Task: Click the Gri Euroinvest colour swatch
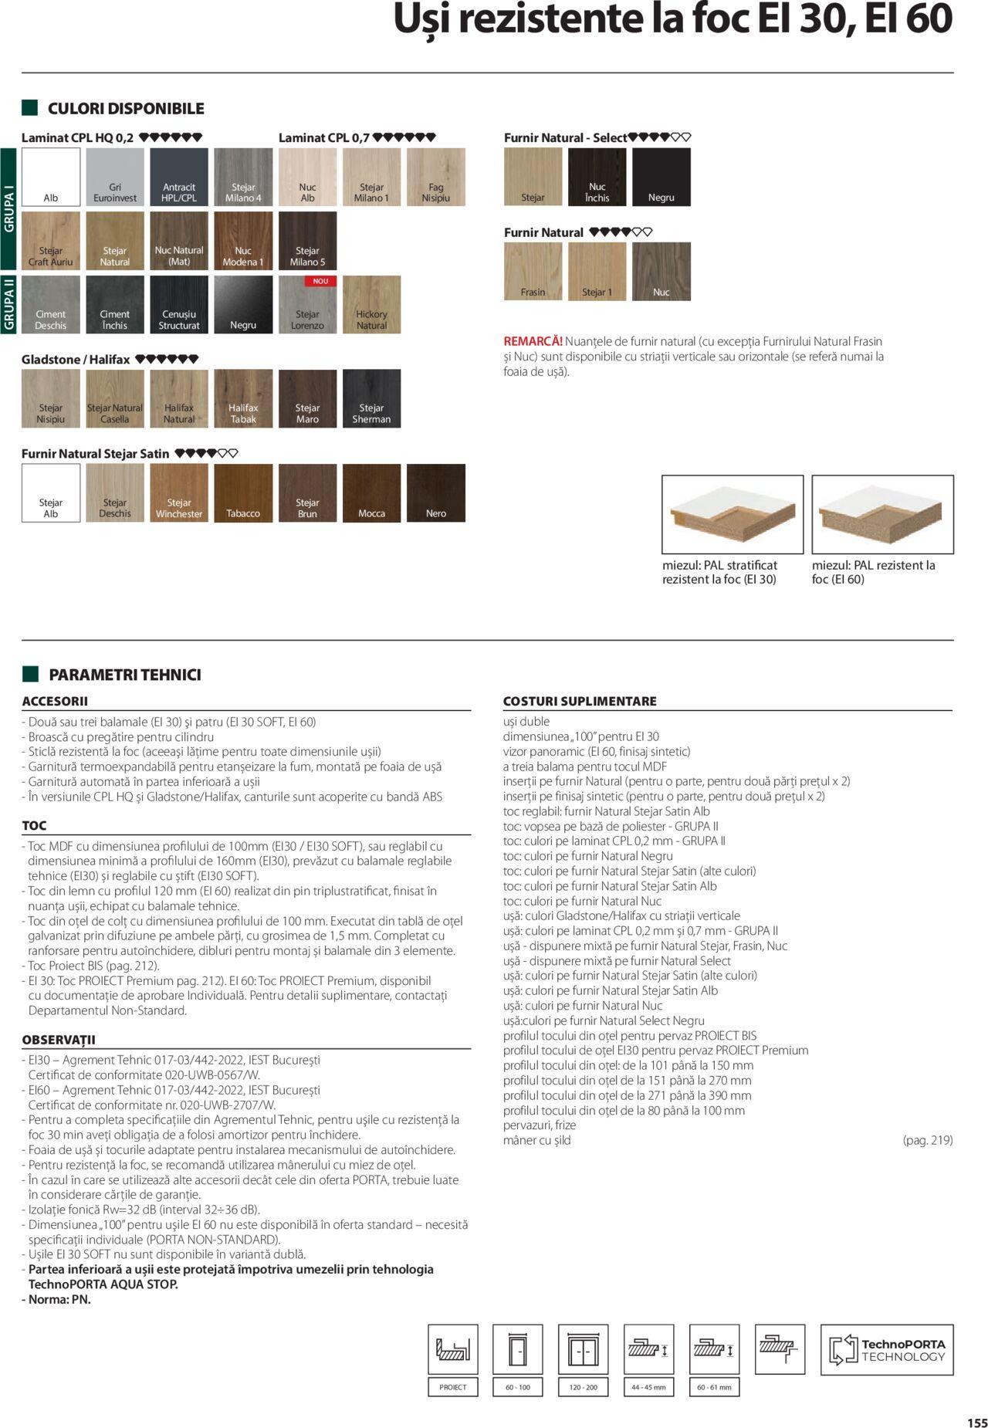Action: (115, 177)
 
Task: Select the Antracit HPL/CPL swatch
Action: (179, 177)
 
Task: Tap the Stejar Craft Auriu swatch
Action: (51, 240)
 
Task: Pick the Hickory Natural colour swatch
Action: (371, 304)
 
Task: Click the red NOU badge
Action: (320, 281)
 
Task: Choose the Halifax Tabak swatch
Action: (243, 398)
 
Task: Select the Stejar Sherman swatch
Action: (371, 398)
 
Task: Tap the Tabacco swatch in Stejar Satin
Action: (243, 492)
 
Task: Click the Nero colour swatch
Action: (436, 492)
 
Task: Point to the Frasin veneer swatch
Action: (533, 271)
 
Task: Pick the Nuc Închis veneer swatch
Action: (597, 177)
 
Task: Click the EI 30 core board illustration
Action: (732, 514)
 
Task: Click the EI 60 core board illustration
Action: (882, 514)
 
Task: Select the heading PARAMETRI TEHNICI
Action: (124, 675)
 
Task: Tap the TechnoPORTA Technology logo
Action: (887, 1349)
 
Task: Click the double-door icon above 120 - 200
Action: (583, 1349)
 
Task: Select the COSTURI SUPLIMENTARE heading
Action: (580, 701)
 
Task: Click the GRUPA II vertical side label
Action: (9, 304)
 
